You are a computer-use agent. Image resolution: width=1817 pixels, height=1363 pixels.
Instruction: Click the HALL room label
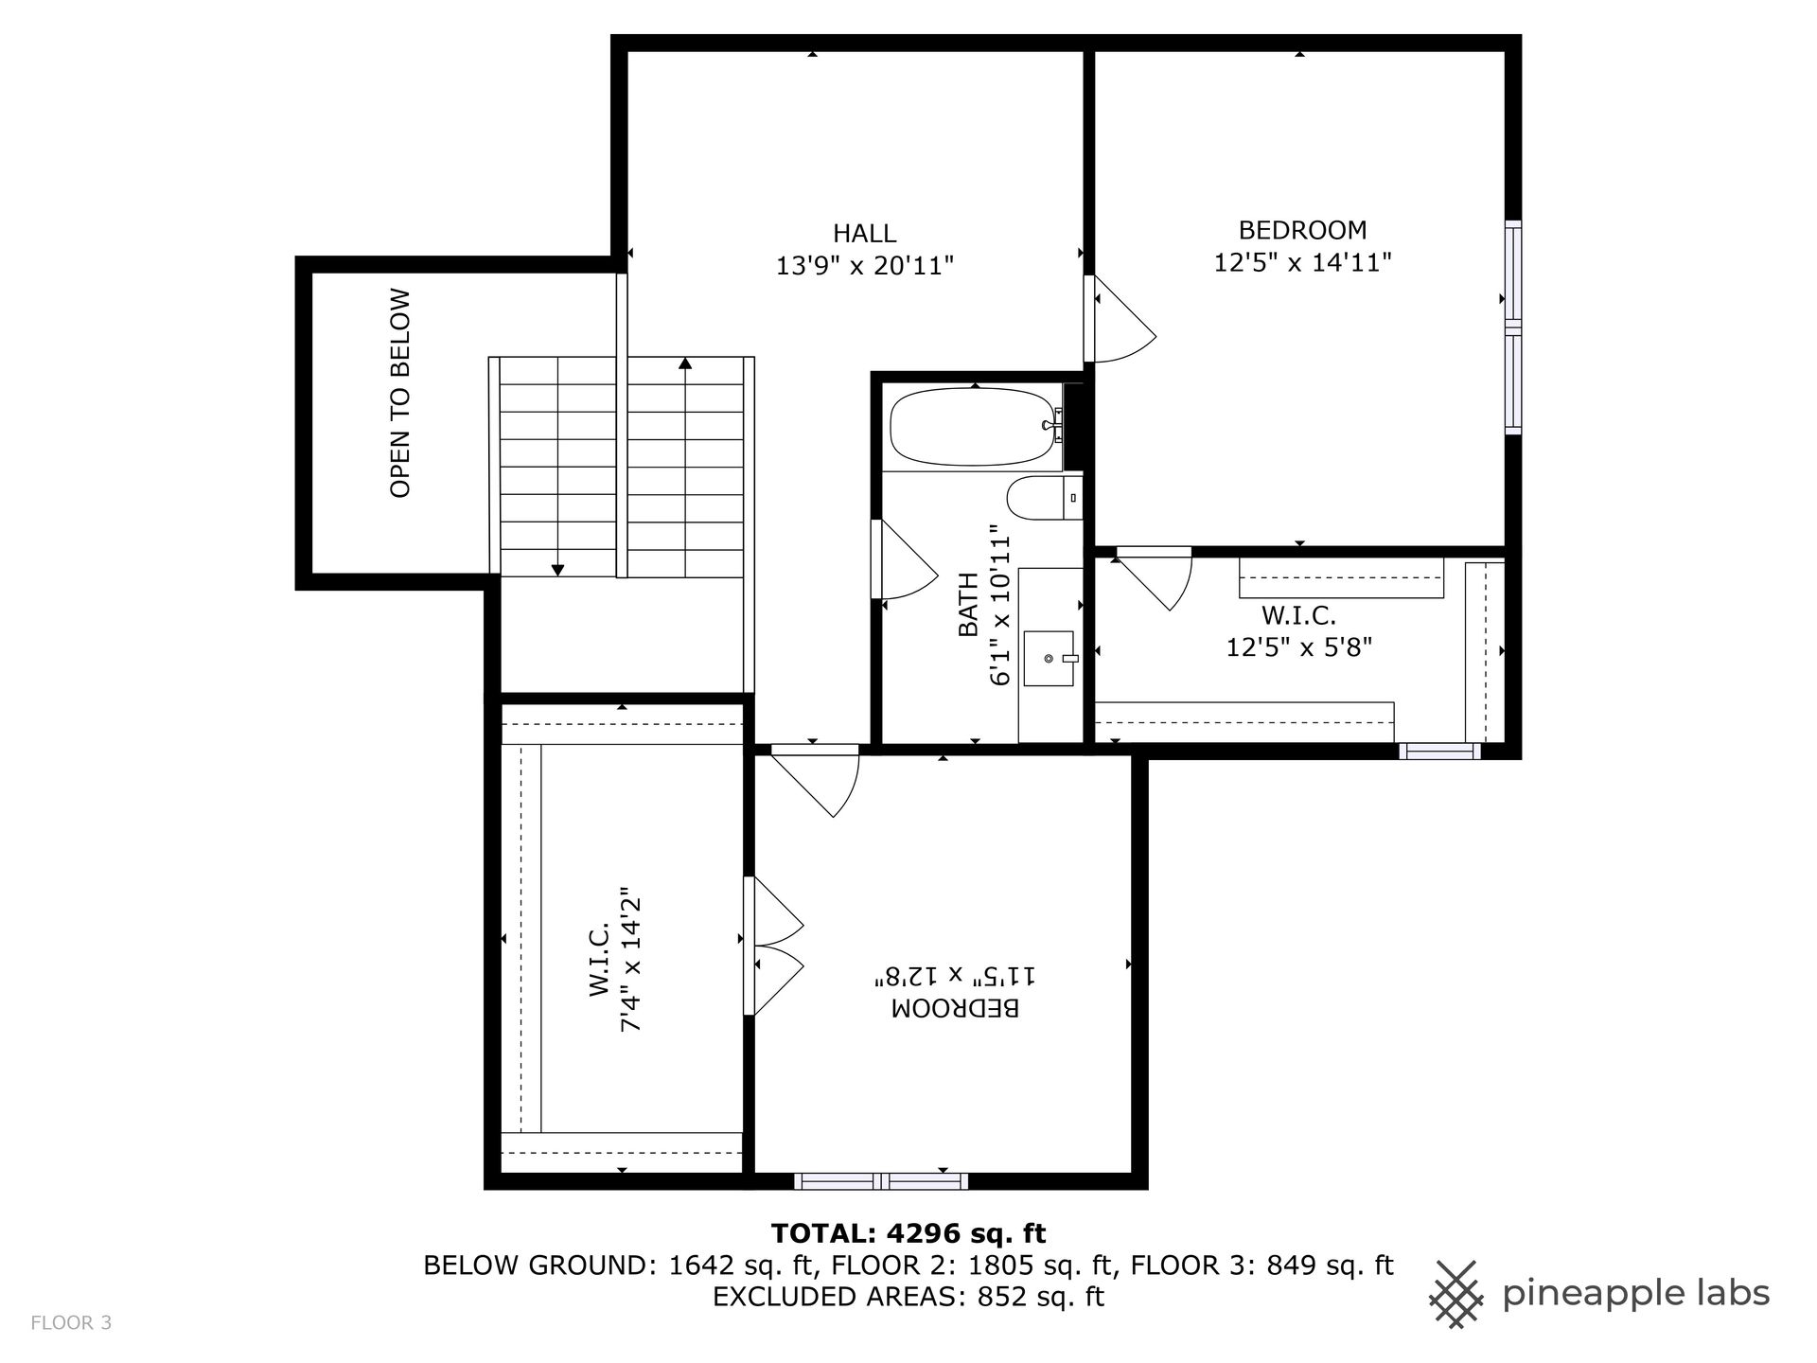click(864, 233)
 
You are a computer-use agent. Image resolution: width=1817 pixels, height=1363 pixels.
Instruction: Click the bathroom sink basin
click(1050, 658)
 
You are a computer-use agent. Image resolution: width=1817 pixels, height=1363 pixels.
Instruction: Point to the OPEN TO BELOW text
click(400, 393)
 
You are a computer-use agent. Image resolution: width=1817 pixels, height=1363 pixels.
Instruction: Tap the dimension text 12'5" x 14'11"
click(1302, 262)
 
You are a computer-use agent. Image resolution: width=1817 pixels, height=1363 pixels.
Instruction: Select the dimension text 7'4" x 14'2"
click(631, 959)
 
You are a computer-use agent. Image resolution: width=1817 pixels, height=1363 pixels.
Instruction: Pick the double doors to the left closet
click(774, 946)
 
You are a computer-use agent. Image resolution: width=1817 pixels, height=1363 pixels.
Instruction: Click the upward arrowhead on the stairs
click(685, 363)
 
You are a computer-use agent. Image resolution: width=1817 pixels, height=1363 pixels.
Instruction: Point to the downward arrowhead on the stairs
click(557, 570)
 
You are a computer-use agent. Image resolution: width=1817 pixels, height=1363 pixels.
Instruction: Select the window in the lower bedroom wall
click(881, 1180)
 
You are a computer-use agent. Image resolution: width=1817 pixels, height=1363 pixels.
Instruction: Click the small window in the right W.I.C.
click(1439, 752)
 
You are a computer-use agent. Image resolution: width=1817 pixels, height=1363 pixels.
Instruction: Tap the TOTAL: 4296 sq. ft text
click(908, 1233)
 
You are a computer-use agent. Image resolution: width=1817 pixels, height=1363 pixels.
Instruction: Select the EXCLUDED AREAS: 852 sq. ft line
click(908, 1296)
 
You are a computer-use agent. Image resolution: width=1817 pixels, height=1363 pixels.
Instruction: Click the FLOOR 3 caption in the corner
click(71, 1322)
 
